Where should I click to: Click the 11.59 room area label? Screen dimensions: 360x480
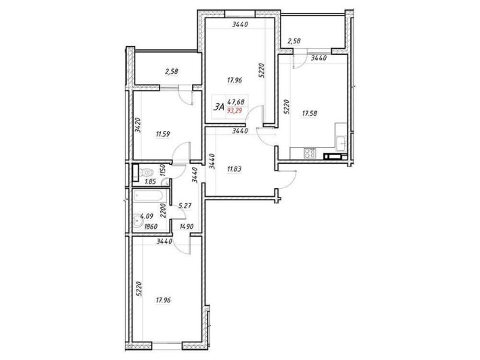162,134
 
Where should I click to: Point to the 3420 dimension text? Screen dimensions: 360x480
137,127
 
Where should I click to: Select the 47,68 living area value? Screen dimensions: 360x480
237,103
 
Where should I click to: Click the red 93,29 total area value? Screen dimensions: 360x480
237,110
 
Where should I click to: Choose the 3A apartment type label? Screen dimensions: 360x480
218,106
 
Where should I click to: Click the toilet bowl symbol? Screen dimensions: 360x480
135,171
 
